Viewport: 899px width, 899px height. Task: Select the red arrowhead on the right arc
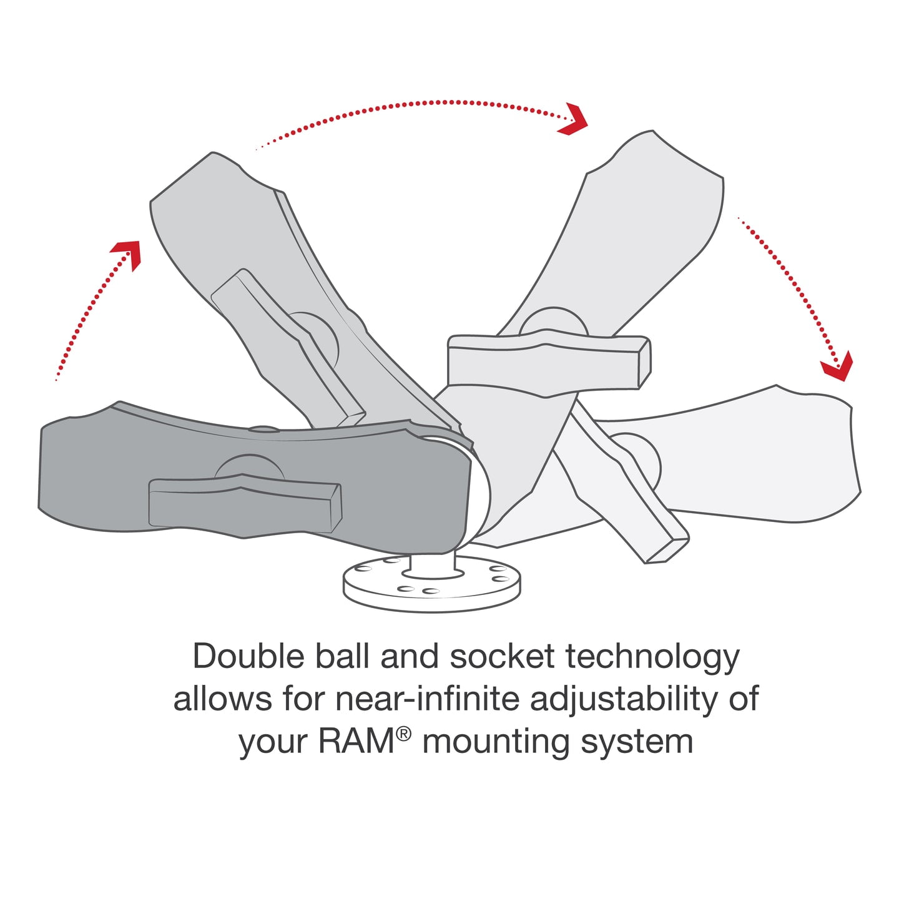click(838, 366)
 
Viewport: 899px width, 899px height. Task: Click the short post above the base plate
click(433, 564)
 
